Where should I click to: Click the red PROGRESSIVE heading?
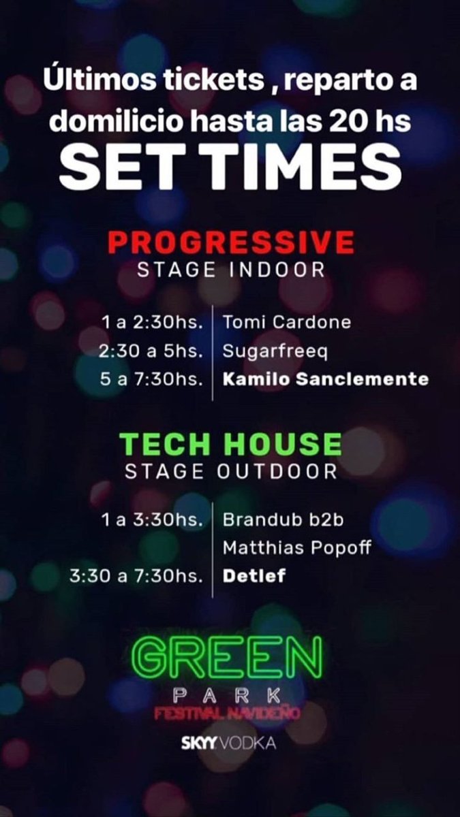click(x=231, y=242)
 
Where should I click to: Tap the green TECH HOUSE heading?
click(x=230, y=444)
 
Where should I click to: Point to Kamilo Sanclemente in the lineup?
click(x=326, y=379)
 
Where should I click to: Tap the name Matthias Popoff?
click(x=297, y=547)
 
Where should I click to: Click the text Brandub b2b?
click(x=283, y=519)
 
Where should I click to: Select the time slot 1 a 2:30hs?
click(x=151, y=322)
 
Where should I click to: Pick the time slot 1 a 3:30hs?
click(x=151, y=519)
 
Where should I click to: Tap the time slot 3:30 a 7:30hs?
click(x=136, y=575)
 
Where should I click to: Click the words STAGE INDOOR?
click(x=231, y=270)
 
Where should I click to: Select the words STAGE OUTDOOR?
click(x=231, y=471)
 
